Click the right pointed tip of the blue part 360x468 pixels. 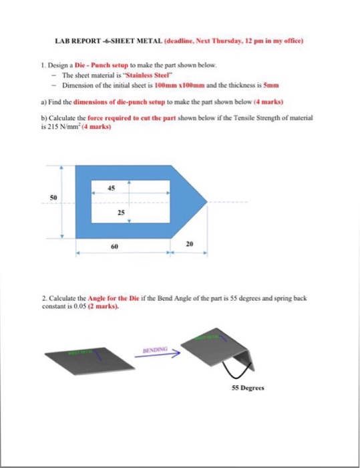(x=210, y=199)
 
